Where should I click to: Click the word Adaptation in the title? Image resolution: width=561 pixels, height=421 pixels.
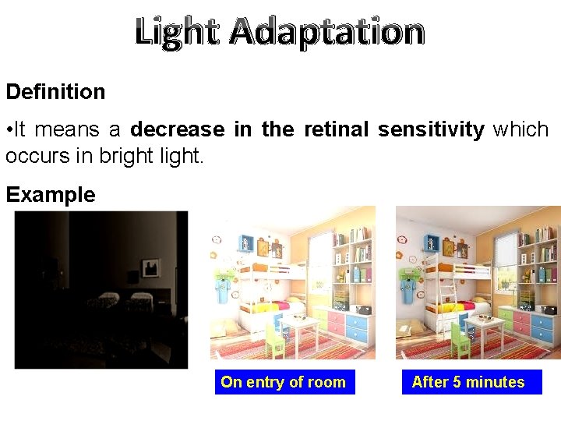pyautogui.click(x=327, y=32)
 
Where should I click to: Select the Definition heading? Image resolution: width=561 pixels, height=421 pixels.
pyautogui.click(x=55, y=92)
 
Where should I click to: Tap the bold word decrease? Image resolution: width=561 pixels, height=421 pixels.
pyautogui.click(x=177, y=129)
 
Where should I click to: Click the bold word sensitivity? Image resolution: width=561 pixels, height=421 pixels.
pyautogui.click(x=431, y=129)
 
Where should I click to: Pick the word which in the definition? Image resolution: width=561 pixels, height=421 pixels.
pyautogui.click(x=520, y=129)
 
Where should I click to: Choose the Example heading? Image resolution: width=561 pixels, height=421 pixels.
pyautogui.click(x=50, y=195)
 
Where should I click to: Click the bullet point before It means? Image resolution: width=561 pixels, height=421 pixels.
pyautogui.click(x=9, y=129)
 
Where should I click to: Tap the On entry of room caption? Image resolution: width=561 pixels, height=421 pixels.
pyautogui.click(x=284, y=382)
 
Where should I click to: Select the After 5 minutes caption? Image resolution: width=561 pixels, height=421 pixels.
pyautogui.click(x=468, y=382)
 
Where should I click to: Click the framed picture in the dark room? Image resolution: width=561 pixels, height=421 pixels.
pyautogui.click(x=151, y=268)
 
